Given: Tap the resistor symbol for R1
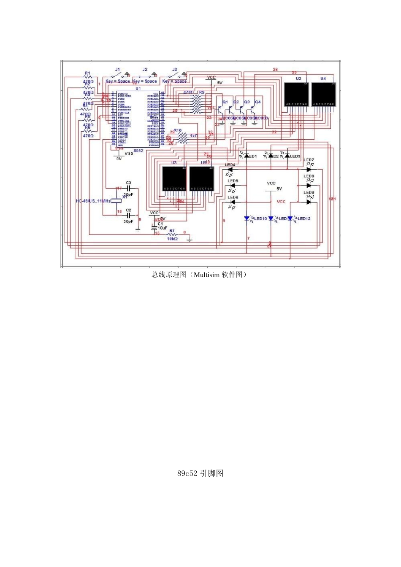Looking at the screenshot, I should coord(87,78).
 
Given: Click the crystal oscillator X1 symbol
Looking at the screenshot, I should coord(117,201).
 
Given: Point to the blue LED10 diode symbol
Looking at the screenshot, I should coord(247,219).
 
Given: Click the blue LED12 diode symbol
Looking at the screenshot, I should coord(290,219).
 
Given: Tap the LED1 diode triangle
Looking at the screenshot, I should coord(247,156).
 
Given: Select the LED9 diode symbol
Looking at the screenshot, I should coord(309,202).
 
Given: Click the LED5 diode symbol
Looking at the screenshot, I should coord(232,186).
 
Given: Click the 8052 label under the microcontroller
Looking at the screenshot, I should coord(138,151).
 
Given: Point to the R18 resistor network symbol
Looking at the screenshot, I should coord(183,138).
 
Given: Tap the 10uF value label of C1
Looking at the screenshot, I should coord(163,228).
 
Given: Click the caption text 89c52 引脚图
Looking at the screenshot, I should coord(200,473).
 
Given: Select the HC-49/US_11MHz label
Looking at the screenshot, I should coord(92,201).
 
